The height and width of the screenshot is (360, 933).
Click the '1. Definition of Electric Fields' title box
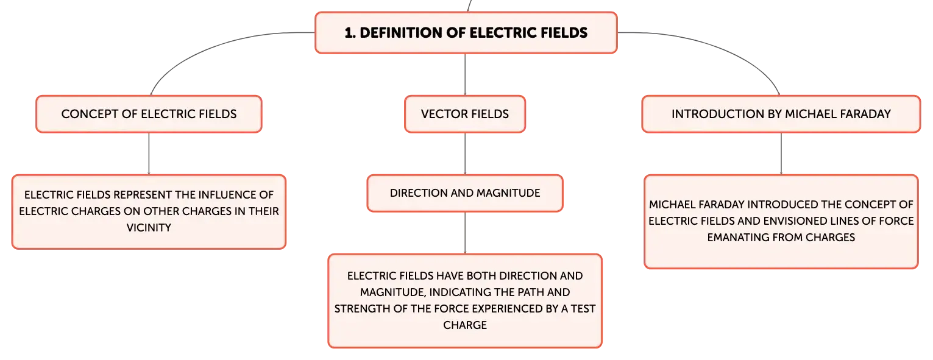coord(466,32)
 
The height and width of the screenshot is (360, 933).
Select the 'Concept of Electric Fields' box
coord(149,114)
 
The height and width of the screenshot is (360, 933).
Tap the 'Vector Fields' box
coord(465,114)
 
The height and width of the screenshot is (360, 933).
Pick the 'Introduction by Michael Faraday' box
coord(781,114)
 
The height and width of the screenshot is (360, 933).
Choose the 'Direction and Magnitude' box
coord(465,193)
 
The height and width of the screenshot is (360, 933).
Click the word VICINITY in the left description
coord(149,228)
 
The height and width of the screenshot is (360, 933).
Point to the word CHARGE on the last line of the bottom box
coord(465,325)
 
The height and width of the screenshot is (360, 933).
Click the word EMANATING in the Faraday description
coord(734,237)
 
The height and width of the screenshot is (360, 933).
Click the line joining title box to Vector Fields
coord(465,74)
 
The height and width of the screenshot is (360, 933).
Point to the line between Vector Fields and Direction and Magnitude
coord(465,154)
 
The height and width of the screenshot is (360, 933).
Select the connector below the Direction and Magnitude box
coord(465,233)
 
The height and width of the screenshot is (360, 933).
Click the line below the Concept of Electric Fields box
coord(149,154)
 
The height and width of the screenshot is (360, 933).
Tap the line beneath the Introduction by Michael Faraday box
coord(781,154)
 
